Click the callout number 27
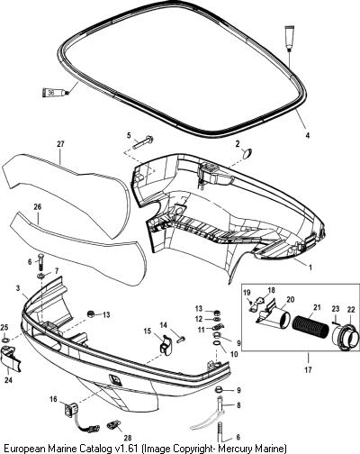[x=60, y=144]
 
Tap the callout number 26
[x=38, y=207]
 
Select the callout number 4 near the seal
[x=307, y=136]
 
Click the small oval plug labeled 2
[x=247, y=153]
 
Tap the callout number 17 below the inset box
[x=308, y=369]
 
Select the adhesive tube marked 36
[x=55, y=92]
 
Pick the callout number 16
[x=53, y=399]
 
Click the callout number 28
[x=129, y=438]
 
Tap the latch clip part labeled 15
[x=165, y=345]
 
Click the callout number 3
[x=18, y=288]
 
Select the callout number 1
[x=310, y=267]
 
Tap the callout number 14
[x=163, y=325]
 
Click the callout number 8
[x=238, y=405]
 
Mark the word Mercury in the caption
[x=234, y=449]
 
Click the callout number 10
[x=234, y=354]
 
